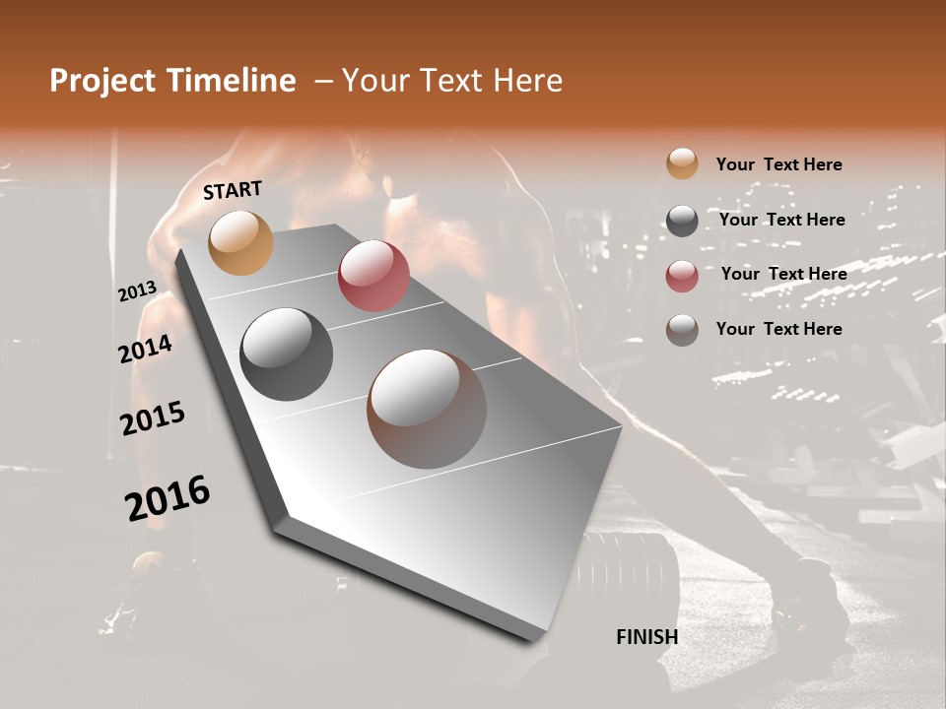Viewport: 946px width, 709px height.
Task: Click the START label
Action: (233, 190)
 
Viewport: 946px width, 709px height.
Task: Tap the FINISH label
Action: (646, 637)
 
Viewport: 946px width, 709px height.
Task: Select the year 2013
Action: (137, 291)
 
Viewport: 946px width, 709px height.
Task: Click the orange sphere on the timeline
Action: (240, 242)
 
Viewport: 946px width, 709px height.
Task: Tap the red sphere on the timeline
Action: (373, 276)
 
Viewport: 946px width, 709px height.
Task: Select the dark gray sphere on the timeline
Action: (286, 354)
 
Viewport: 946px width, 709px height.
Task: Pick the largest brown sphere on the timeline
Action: (427, 409)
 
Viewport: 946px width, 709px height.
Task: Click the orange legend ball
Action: (682, 164)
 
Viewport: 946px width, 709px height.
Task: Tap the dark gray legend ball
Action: (682, 221)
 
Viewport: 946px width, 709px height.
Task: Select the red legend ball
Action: (682, 276)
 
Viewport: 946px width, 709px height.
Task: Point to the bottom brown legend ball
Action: (682, 330)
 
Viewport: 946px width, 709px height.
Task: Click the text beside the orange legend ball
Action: (778, 164)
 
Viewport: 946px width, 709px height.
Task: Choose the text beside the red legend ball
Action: (783, 274)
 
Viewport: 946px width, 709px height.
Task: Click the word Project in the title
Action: (101, 82)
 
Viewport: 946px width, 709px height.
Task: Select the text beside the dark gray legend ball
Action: (781, 220)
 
